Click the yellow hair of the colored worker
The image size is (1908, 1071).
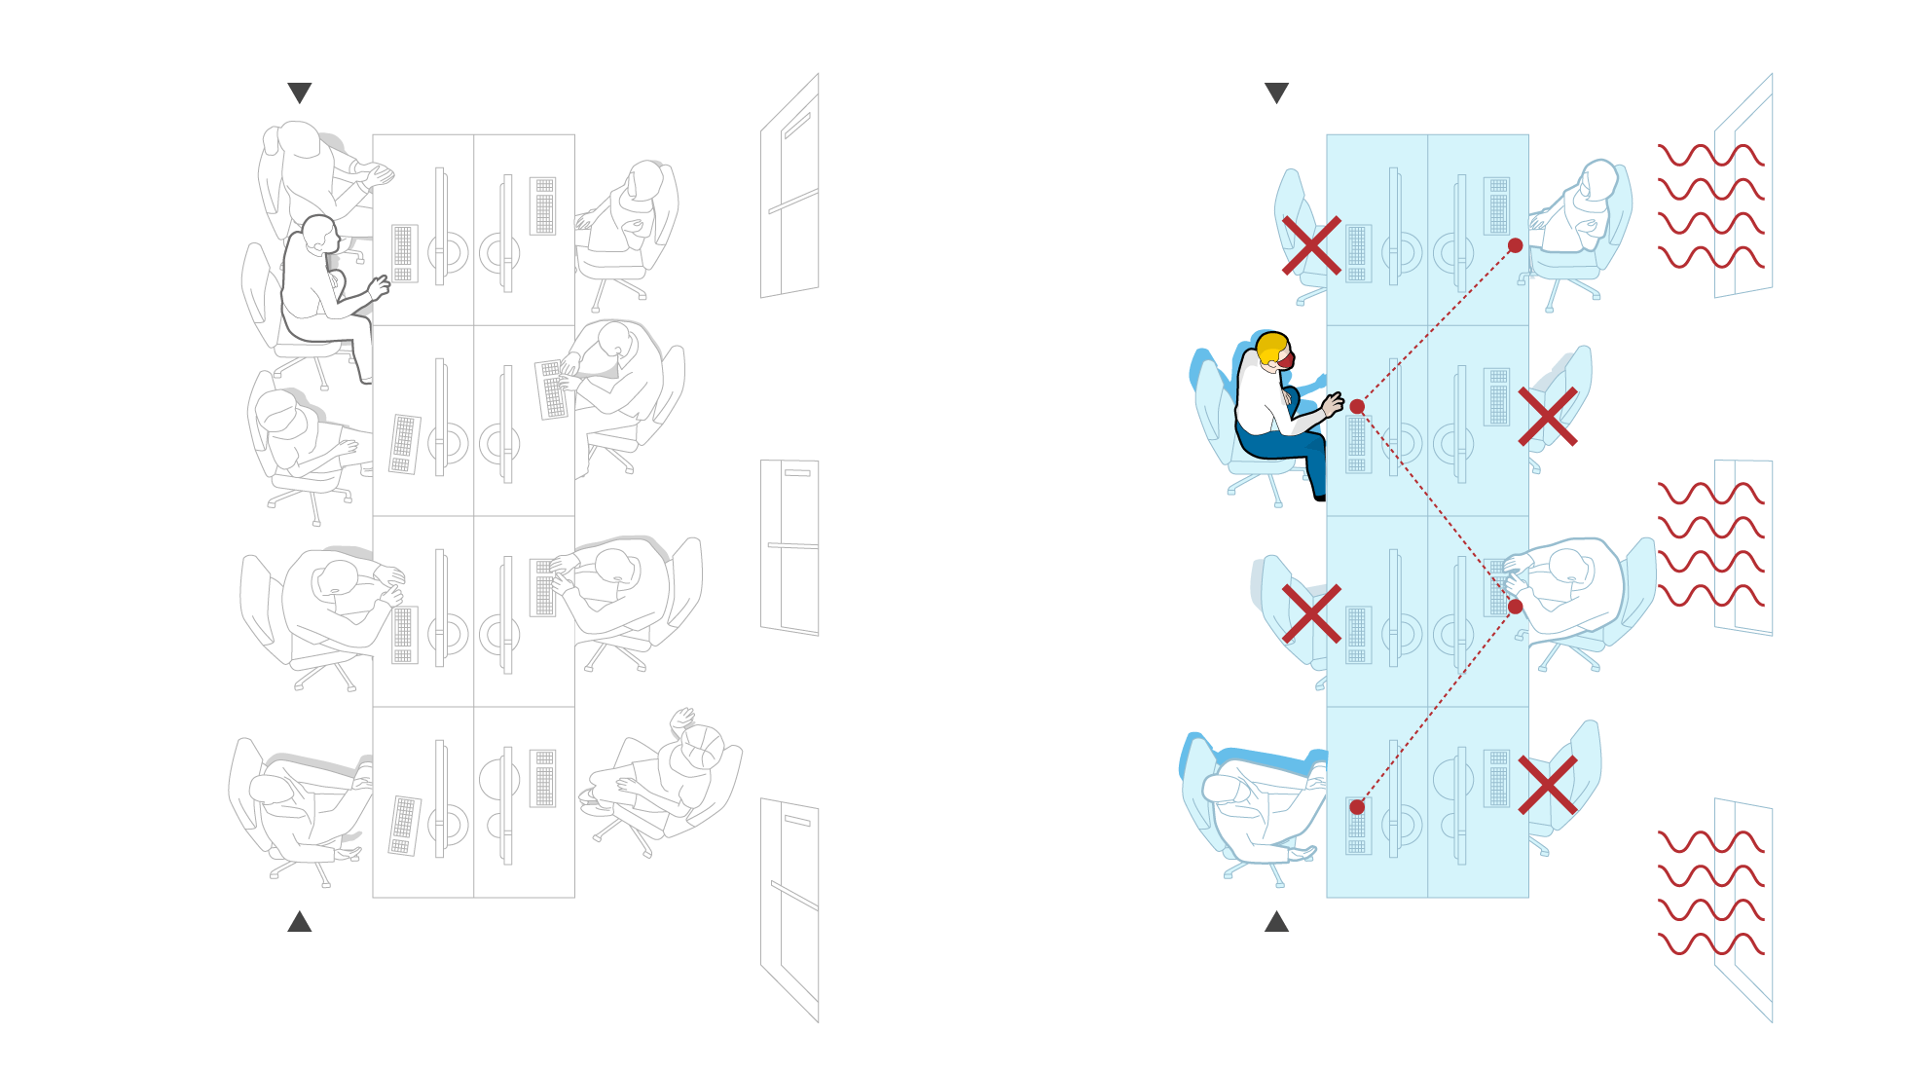[x=1269, y=348]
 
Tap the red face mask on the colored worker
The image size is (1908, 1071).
[x=1286, y=360]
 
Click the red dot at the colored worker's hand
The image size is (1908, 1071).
[x=1357, y=407]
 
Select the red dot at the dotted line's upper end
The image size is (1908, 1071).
[x=1515, y=245]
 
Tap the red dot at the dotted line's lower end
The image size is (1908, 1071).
[x=1357, y=806]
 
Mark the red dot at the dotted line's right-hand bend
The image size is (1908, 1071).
[x=1515, y=607]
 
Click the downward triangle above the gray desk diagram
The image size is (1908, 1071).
[x=300, y=92]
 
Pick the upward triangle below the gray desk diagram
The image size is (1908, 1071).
[x=300, y=922]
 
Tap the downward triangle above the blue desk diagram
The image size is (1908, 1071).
[x=1276, y=92]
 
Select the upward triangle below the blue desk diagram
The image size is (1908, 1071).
[x=1276, y=922]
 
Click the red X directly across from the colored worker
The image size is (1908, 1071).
[x=1547, y=417]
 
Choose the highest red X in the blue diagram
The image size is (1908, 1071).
[x=1311, y=245]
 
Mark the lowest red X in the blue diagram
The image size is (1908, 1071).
[x=1547, y=785]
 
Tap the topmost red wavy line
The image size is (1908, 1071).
[x=1710, y=155]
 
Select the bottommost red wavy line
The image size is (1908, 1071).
[x=1710, y=943]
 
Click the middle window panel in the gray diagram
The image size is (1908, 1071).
[x=789, y=546]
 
